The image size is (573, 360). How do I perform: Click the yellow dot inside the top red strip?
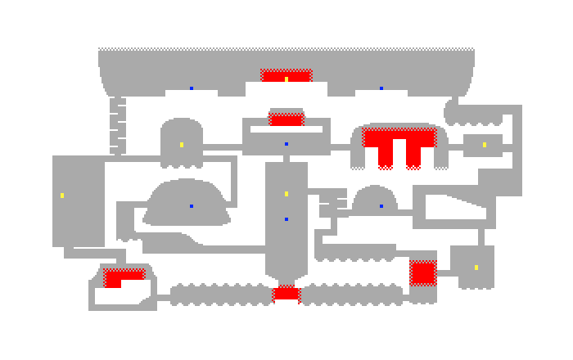pyautogui.click(x=286, y=79)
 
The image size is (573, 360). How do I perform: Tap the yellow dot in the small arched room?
pyautogui.click(x=182, y=145)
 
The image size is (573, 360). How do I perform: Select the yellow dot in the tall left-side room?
pyautogui.click(x=62, y=196)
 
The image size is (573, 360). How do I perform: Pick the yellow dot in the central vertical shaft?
pyautogui.click(x=286, y=194)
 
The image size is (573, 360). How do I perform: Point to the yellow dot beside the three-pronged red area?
pyautogui.click(x=485, y=145)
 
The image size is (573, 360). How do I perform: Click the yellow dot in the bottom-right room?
pyautogui.click(x=476, y=268)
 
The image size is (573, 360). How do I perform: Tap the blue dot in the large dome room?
pyautogui.click(x=192, y=206)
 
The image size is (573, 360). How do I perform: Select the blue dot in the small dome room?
pyautogui.click(x=381, y=206)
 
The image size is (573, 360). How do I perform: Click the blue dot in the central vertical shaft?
pyautogui.click(x=286, y=219)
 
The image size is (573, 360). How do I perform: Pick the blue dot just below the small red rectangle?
pyautogui.click(x=286, y=144)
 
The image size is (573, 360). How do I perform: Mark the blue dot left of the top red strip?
pyautogui.click(x=192, y=88)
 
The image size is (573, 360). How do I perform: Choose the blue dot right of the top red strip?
pyautogui.click(x=381, y=88)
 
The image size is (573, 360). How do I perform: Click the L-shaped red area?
pyautogui.click(x=119, y=277)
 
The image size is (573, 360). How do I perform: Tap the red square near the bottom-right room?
pyautogui.click(x=422, y=272)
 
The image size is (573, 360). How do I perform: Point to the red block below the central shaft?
pyautogui.click(x=286, y=293)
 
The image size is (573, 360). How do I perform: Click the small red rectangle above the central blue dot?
pyautogui.click(x=286, y=119)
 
